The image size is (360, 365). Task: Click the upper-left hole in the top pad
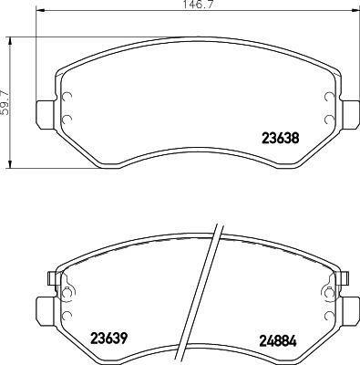pyautogui.click(x=66, y=99)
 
